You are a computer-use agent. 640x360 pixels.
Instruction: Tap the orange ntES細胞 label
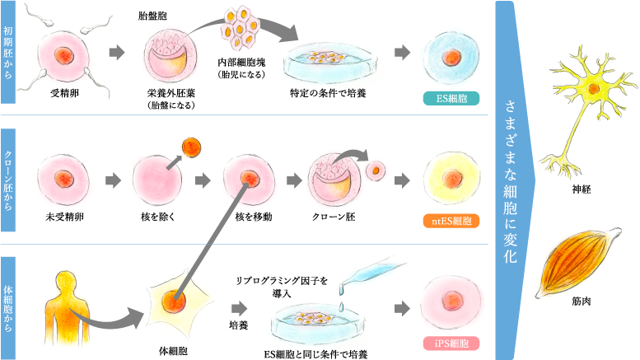[451, 221]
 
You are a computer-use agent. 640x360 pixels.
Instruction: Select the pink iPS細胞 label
[451, 343]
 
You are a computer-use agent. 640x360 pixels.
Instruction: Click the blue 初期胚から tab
[8, 53]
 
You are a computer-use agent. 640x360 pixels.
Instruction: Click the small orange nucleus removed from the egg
[191, 147]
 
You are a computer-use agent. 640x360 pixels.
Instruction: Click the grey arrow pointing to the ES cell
[402, 53]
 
